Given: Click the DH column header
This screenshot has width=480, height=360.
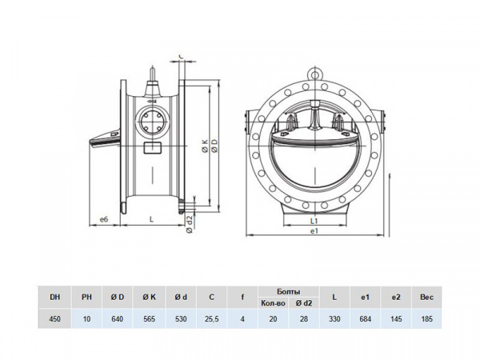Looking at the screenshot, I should click(54, 298).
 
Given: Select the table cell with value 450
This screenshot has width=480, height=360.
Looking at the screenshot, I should click(54, 319).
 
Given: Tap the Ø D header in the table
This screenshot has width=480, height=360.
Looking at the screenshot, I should click(118, 298).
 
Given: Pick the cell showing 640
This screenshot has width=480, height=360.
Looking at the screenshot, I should click(118, 319).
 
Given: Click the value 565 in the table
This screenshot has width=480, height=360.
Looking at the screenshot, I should click(149, 319).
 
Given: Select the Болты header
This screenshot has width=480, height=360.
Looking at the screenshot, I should click(288, 291).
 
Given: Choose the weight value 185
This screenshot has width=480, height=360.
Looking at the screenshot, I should click(427, 319).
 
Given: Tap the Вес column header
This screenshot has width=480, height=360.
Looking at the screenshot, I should click(427, 298).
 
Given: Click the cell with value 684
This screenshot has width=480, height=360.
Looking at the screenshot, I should click(365, 319).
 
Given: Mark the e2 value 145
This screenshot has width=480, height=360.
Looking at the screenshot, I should click(395, 319).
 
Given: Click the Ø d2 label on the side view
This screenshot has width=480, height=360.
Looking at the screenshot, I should click(189, 222).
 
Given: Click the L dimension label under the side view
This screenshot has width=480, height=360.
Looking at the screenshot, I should click(151, 218).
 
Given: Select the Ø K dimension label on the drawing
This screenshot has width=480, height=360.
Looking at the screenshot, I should click(205, 146).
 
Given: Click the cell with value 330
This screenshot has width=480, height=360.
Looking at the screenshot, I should click(334, 319).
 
